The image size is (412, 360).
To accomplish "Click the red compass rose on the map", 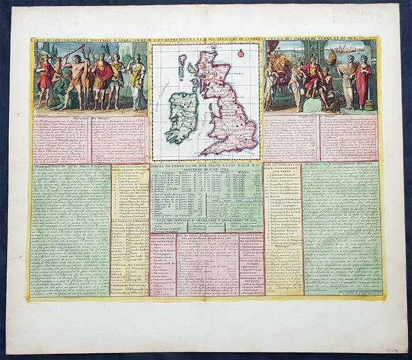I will [x=241, y=53].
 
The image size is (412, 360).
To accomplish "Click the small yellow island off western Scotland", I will [x=183, y=68].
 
